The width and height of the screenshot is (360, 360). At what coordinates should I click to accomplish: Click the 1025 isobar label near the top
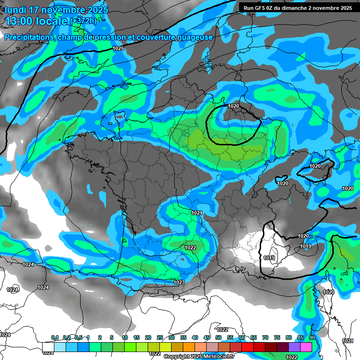coord(118,48)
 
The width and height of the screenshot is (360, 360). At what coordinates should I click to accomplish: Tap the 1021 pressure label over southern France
coord(197,213)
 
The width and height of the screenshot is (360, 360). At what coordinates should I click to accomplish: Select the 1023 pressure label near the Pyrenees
coord(179,282)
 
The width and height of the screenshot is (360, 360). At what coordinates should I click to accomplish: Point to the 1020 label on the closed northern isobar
coord(233,106)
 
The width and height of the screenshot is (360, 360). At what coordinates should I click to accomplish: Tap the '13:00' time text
coord(21,21)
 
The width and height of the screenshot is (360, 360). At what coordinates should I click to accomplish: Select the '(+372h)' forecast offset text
coord(84,21)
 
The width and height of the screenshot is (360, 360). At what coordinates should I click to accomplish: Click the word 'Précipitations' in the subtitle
coord(29,37)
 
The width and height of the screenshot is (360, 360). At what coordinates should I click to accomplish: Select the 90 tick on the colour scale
coord(312,337)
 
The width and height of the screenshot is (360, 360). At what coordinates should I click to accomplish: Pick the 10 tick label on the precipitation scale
coord(125,337)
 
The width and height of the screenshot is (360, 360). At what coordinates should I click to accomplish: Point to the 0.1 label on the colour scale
coord(55,337)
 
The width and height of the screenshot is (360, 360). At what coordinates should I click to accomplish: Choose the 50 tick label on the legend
coord(218,337)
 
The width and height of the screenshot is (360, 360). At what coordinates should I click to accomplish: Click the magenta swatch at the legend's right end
coord(306,346)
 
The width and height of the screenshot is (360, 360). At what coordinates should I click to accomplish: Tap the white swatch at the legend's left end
coord(48,346)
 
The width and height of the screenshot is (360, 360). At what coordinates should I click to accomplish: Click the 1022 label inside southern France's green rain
coord(190,247)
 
